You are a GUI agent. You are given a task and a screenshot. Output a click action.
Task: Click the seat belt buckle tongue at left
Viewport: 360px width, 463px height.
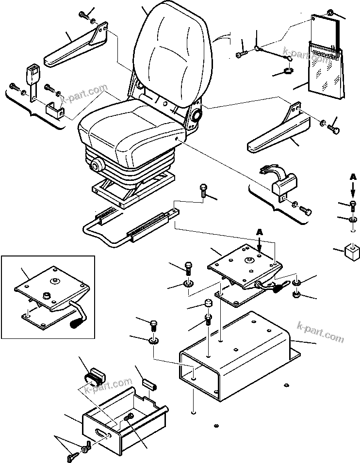33,78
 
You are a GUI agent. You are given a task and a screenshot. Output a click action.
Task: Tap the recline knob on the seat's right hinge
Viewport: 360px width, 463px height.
197,116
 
